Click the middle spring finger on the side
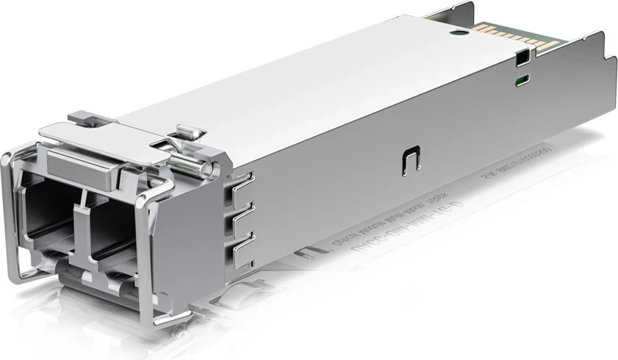click(x=243, y=212)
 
